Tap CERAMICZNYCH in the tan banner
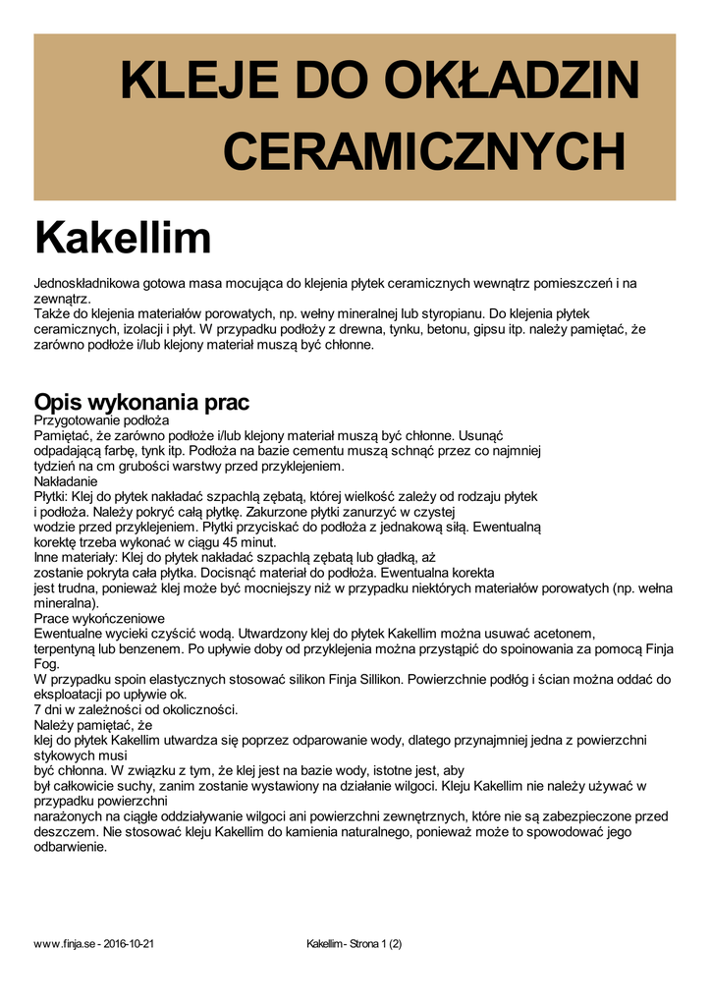point(424,152)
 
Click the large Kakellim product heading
point(123,238)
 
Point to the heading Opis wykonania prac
point(141,402)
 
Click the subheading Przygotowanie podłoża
point(102,419)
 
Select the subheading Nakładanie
point(66,481)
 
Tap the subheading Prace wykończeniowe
point(99,619)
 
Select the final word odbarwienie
point(70,847)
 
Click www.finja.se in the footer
point(64,944)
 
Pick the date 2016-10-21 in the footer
point(129,944)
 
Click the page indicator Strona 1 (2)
point(368,944)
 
